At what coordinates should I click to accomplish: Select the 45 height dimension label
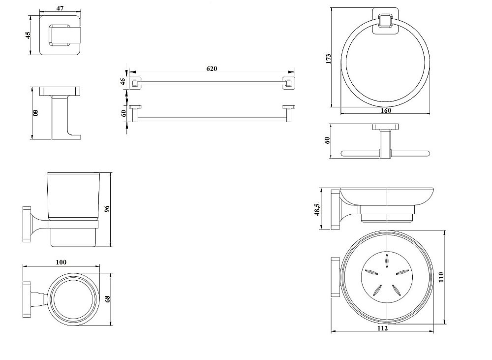point(28,35)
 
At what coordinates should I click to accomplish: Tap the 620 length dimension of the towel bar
point(212,68)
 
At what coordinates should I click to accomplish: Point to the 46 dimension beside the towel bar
point(123,82)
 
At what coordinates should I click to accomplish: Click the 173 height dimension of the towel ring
point(329,58)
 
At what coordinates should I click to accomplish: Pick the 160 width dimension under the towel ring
point(386,111)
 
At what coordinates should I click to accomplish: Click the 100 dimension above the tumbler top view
point(61,262)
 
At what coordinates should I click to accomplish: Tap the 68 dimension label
point(108,299)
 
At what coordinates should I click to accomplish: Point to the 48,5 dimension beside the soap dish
point(318,209)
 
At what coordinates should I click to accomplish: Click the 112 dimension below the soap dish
point(384,328)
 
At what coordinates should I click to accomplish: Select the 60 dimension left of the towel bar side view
point(123,113)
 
